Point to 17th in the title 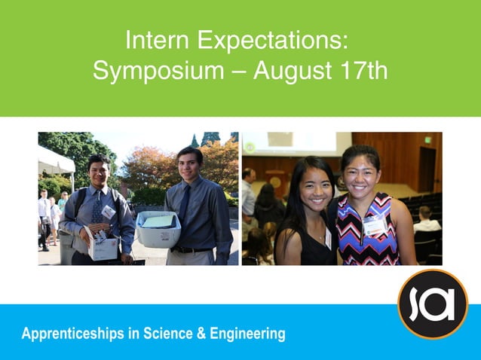click(365, 72)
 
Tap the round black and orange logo click(433, 304)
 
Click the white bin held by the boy click(158, 229)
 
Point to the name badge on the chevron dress click(375, 224)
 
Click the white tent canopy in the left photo click(54, 160)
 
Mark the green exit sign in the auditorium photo click(430, 141)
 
